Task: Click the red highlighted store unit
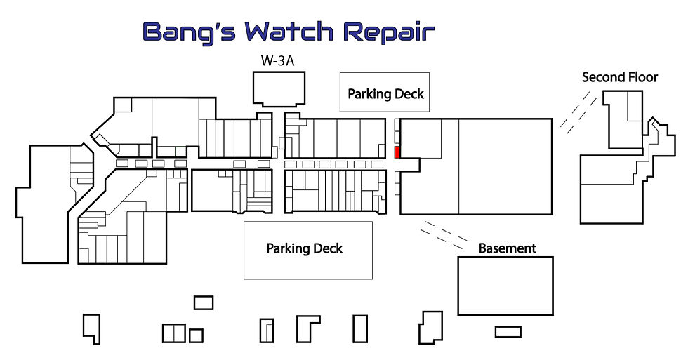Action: tap(397, 152)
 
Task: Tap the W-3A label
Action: tap(277, 60)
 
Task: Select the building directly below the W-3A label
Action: tap(279, 89)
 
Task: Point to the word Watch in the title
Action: tap(289, 32)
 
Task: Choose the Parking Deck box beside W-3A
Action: tap(385, 92)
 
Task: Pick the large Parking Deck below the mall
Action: tap(308, 250)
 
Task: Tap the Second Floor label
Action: tap(619, 78)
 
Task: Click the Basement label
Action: tap(507, 248)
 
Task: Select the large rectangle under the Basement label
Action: tap(505, 286)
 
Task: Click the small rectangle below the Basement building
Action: tap(508, 331)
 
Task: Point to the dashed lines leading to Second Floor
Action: tap(578, 112)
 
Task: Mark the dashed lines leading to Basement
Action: tap(444, 233)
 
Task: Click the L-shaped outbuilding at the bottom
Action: tap(308, 329)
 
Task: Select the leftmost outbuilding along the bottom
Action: tap(92, 329)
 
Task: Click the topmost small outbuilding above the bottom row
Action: tap(204, 302)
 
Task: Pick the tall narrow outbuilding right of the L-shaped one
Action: tap(360, 329)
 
